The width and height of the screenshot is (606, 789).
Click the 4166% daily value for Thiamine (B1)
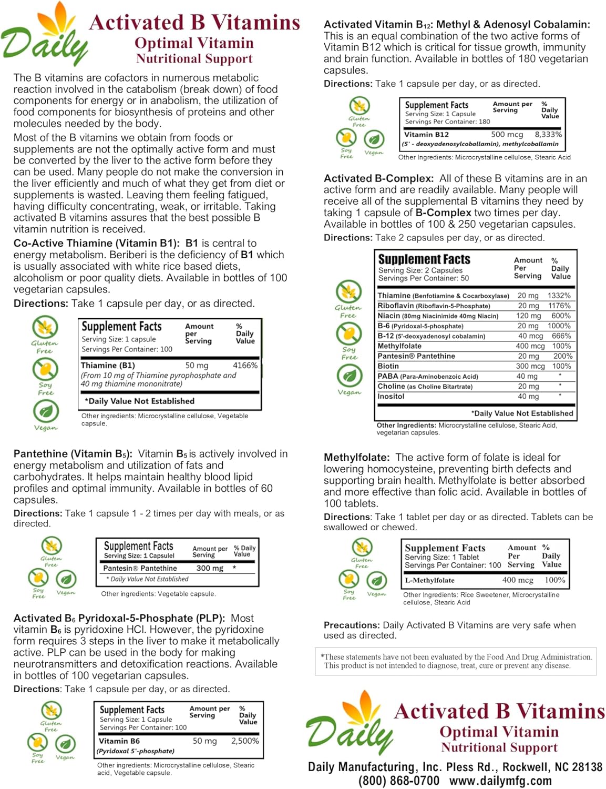245,366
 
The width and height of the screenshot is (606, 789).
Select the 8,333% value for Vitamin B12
548,135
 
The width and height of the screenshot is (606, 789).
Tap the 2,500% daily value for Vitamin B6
245,741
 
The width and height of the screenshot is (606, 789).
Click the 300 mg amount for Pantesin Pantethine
210,569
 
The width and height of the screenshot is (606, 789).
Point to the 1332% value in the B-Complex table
559,296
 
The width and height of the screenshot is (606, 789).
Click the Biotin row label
388,366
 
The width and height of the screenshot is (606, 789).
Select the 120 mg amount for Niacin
528,316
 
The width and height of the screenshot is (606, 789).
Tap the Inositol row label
391,397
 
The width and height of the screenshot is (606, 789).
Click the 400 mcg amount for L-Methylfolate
517,580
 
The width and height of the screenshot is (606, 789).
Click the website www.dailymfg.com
500,781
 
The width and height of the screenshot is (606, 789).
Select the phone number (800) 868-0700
399,781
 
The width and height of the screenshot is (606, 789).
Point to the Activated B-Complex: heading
378,179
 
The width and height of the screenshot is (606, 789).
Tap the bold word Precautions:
352,625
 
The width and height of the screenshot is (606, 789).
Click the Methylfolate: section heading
356,458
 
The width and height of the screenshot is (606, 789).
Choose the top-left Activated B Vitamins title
194,23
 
